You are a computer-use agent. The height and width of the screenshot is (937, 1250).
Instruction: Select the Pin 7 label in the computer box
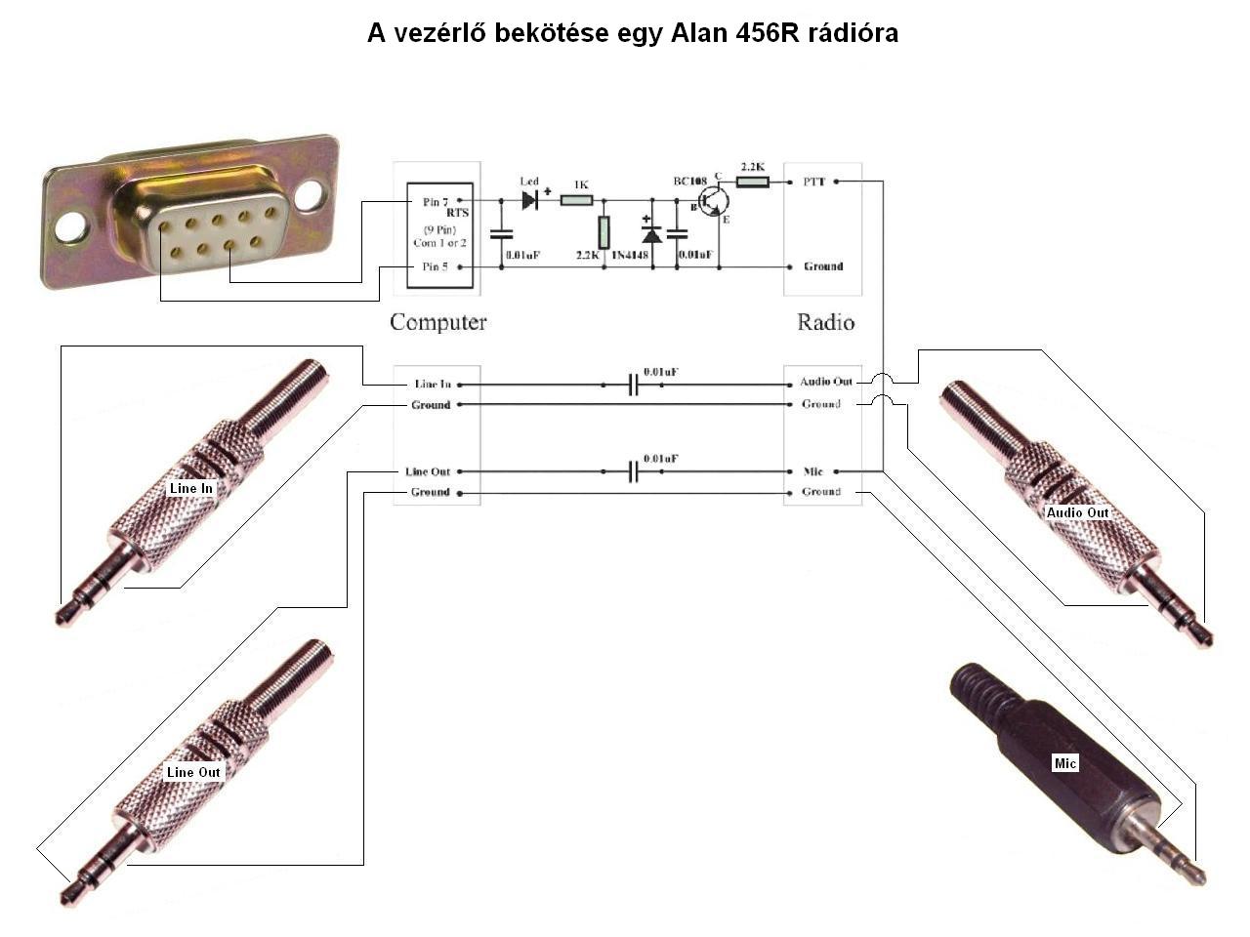(x=431, y=202)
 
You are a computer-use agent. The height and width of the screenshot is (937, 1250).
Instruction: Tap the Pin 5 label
(x=431, y=266)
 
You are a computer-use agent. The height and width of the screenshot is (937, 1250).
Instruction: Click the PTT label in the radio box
(x=814, y=182)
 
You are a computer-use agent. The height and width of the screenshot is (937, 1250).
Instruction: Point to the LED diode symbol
(x=529, y=200)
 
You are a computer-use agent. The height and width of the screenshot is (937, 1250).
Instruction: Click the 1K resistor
(x=578, y=200)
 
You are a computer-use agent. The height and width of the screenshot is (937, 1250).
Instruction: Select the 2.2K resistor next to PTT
(x=752, y=182)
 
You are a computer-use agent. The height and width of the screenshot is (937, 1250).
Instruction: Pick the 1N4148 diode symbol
(x=651, y=234)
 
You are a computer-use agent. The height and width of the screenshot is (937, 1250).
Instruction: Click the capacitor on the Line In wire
(x=633, y=385)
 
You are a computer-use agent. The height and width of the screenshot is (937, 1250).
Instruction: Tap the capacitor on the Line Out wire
(x=633, y=472)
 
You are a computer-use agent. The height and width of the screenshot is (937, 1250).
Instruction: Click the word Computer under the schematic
(x=437, y=322)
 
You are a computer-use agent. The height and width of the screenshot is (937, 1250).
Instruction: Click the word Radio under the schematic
(x=825, y=322)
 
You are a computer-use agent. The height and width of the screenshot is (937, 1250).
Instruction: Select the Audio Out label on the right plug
(x=1077, y=512)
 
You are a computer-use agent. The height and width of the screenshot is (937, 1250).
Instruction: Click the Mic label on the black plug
(x=1064, y=763)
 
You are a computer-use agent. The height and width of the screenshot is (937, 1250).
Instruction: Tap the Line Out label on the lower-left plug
(x=193, y=772)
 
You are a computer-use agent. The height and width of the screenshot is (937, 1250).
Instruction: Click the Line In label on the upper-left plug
(x=191, y=488)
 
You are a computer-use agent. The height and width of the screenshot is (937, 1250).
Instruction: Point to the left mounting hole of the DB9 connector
(x=71, y=226)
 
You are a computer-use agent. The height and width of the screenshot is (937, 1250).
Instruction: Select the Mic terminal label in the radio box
(x=813, y=471)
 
